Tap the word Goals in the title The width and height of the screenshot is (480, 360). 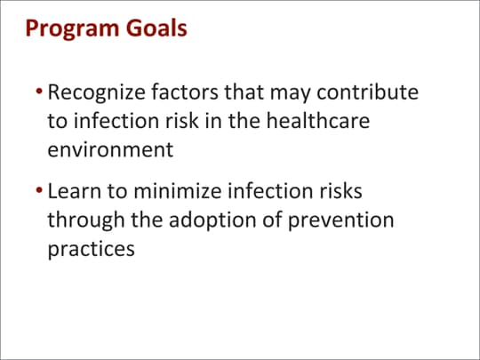(x=159, y=28)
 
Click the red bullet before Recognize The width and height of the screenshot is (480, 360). (x=39, y=92)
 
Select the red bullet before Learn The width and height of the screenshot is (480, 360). (x=39, y=192)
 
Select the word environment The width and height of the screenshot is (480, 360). (x=110, y=148)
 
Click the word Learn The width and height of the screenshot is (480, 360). (x=75, y=191)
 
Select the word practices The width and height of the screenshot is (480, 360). (x=91, y=248)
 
